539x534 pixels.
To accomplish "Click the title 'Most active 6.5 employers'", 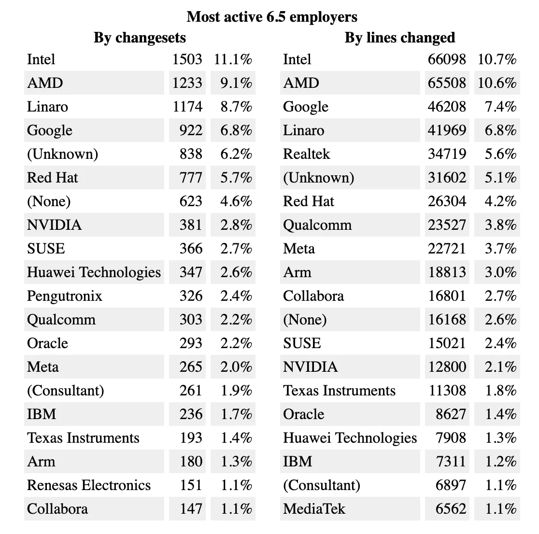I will pyautogui.click(x=272, y=17).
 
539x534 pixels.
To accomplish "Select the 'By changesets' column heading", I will pyautogui.click(x=140, y=38).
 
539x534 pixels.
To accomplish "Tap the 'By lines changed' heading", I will pyautogui.click(x=399, y=38).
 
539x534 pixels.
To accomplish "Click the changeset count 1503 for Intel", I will pyautogui.click(x=187, y=59).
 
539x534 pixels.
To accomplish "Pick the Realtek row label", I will pyautogui.click(x=306, y=154).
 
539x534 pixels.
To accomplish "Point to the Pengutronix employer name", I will pyautogui.click(x=65, y=296).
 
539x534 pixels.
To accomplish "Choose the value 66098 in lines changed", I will pyautogui.click(x=447, y=59).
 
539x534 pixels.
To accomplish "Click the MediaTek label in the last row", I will pyautogui.click(x=314, y=509).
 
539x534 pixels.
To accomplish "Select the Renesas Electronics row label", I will pyautogui.click(x=89, y=485).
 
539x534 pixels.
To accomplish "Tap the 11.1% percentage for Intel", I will pyautogui.click(x=233, y=59).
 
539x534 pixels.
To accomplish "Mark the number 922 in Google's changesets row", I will pyautogui.click(x=191, y=130).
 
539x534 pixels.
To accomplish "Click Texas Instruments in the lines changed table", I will pyautogui.click(x=339, y=391).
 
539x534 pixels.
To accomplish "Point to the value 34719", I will pyautogui.click(x=447, y=154).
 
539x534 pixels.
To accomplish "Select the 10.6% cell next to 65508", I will pyautogui.click(x=497, y=83).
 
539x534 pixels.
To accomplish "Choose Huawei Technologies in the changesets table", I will pyautogui.click(x=94, y=272).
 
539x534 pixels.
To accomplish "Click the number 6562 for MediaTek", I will pyautogui.click(x=451, y=509).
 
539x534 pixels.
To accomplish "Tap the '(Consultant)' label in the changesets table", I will pyautogui.click(x=66, y=391).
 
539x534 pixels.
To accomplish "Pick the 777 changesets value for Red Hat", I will pyautogui.click(x=191, y=178).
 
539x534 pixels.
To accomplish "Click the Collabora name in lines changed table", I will pyautogui.click(x=313, y=296).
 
